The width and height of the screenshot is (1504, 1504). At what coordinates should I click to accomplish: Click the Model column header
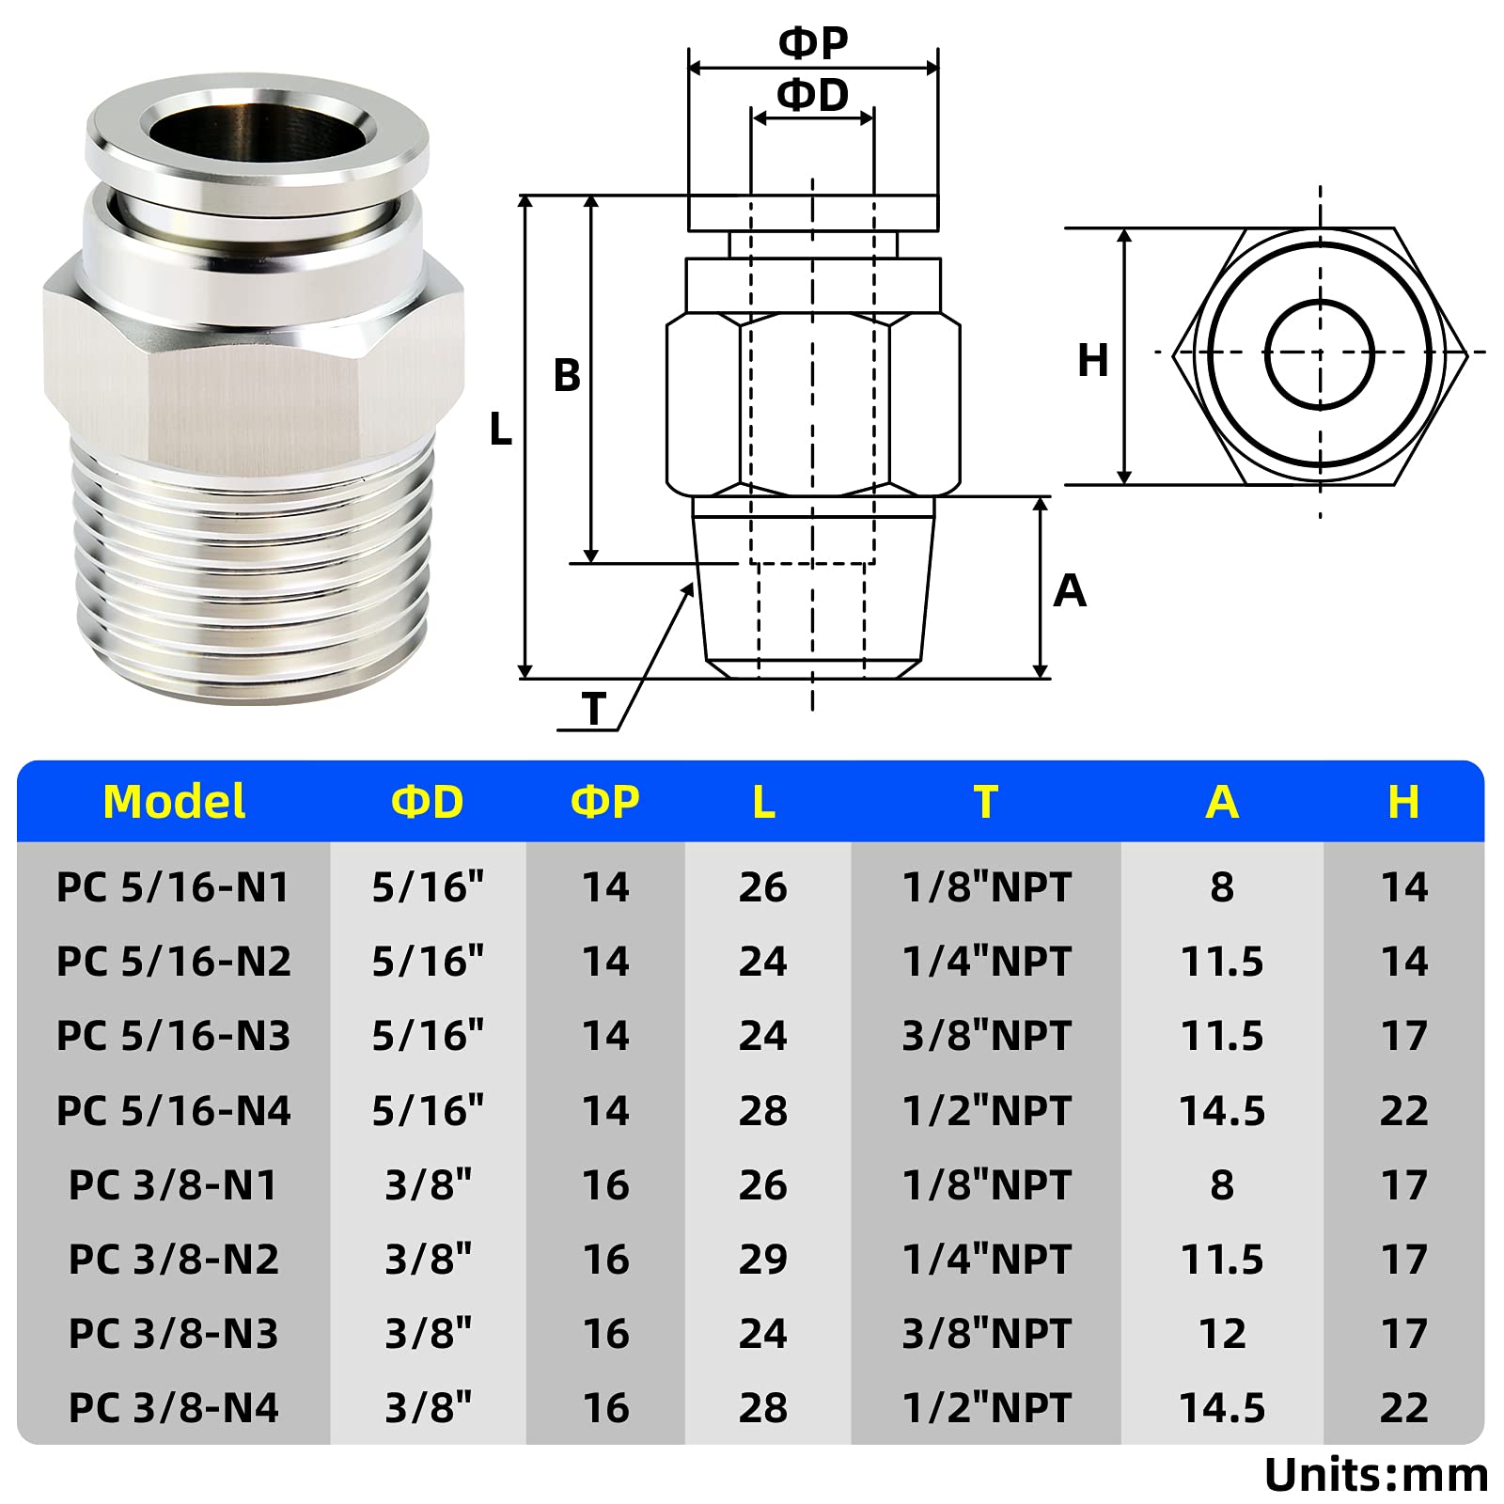tap(174, 802)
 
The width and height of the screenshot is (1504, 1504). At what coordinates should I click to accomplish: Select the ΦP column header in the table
tap(605, 802)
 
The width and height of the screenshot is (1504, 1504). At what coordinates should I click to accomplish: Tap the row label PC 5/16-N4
tap(174, 1110)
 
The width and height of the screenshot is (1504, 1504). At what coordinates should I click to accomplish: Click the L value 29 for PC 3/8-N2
tap(762, 1259)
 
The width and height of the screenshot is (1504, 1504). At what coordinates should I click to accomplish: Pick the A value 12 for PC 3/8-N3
tap(1222, 1333)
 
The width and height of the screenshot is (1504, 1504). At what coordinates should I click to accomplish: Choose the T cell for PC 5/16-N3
tap(986, 1036)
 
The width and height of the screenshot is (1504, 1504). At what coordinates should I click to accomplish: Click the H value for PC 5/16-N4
tap(1403, 1110)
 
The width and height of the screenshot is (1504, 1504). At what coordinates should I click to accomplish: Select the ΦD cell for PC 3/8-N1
tap(428, 1184)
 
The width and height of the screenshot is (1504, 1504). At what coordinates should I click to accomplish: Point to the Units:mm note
tap(1375, 1474)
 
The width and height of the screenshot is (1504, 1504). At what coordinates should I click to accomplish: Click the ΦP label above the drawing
tap(813, 42)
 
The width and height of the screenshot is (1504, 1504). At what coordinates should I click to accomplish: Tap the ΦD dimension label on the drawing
tap(813, 95)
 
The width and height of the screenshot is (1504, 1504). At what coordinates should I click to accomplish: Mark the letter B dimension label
tap(567, 376)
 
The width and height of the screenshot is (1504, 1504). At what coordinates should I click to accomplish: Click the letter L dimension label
tap(501, 431)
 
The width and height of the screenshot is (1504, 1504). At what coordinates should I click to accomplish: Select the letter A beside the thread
tap(1070, 590)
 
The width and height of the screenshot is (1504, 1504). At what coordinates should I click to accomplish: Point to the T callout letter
tap(593, 709)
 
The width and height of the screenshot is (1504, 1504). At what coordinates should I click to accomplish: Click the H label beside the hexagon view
tap(1092, 360)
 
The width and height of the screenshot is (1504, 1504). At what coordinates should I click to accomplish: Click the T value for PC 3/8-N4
tap(986, 1407)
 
